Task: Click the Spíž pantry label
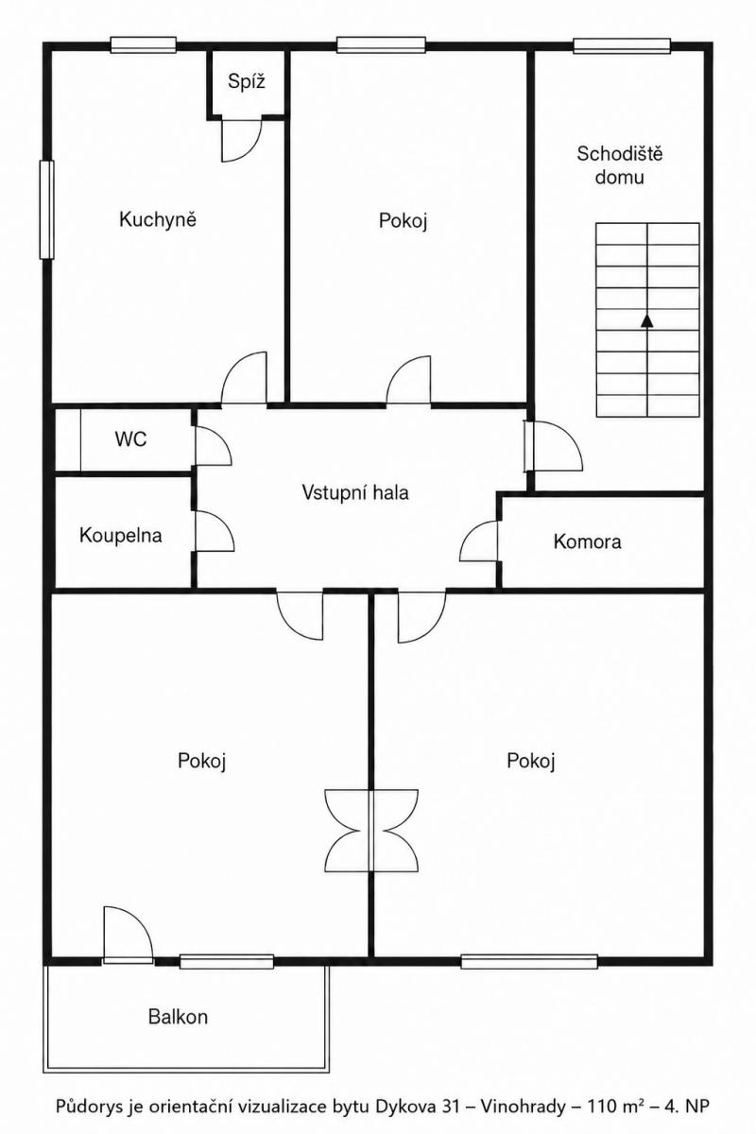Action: [x=246, y=81]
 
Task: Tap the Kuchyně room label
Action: [x=158, y=219]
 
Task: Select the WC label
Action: [x=130, y=438]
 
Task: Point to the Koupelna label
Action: [x=121, y=536]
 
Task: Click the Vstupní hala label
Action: [x=355, y=492]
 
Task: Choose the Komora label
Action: [x=587, y=541]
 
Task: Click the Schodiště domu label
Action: [x=619, y=165]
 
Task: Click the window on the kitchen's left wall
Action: [x=47, y=210]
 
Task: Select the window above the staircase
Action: [x=622, y=46]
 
